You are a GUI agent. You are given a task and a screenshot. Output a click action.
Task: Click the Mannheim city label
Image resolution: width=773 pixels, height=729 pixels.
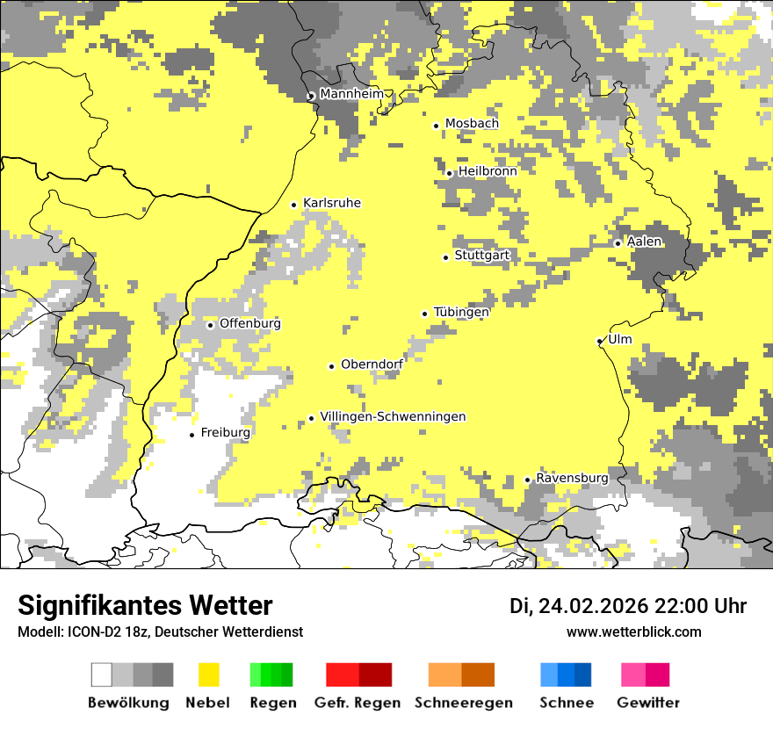(351, 94)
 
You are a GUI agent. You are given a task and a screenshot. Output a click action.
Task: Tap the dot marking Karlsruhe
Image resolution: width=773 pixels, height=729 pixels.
(294, 205)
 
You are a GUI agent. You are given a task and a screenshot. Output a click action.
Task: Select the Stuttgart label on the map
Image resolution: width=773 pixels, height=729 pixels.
(481, 256)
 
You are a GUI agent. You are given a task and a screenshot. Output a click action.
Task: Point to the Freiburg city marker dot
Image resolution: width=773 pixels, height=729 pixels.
(191, 435)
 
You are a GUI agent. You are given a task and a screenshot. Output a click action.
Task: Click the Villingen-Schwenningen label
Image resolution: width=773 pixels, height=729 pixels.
(393, 417)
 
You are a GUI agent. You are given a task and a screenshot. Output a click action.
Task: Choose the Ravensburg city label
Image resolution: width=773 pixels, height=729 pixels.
(572, 478)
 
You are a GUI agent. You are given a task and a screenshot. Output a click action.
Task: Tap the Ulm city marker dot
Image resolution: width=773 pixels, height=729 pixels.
(599, 341)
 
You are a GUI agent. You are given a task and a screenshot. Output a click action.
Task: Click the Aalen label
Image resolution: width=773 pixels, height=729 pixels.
(645, 242)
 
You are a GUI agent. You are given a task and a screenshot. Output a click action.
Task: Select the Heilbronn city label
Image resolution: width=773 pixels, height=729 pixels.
(488, 171)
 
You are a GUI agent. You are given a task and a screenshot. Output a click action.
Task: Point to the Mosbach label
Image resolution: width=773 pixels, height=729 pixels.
(472, 124)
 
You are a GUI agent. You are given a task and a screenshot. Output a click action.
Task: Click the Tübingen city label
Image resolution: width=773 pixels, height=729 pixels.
(461, 312)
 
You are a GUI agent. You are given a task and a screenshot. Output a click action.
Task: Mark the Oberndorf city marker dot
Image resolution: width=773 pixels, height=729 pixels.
(331, 366)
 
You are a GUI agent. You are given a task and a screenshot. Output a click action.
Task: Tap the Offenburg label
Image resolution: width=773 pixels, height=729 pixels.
(250, 323)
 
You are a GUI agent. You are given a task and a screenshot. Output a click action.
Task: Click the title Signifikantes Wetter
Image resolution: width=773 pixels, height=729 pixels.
(145, 605)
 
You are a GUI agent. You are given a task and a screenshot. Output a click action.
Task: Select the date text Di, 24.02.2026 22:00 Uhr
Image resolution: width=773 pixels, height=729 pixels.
(628, 606)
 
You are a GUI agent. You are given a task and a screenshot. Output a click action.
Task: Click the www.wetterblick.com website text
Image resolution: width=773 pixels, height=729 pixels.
(633, 632)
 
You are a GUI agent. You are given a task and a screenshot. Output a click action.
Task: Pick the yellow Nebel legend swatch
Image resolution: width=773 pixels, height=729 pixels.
(208, 675)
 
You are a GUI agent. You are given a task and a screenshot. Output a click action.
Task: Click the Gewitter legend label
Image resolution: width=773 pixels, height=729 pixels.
(647, 703)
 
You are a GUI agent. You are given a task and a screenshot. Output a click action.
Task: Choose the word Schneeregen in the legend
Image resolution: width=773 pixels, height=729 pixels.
(463, 703)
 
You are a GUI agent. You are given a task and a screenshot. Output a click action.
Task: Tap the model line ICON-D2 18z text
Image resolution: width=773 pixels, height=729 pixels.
(160, 632)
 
